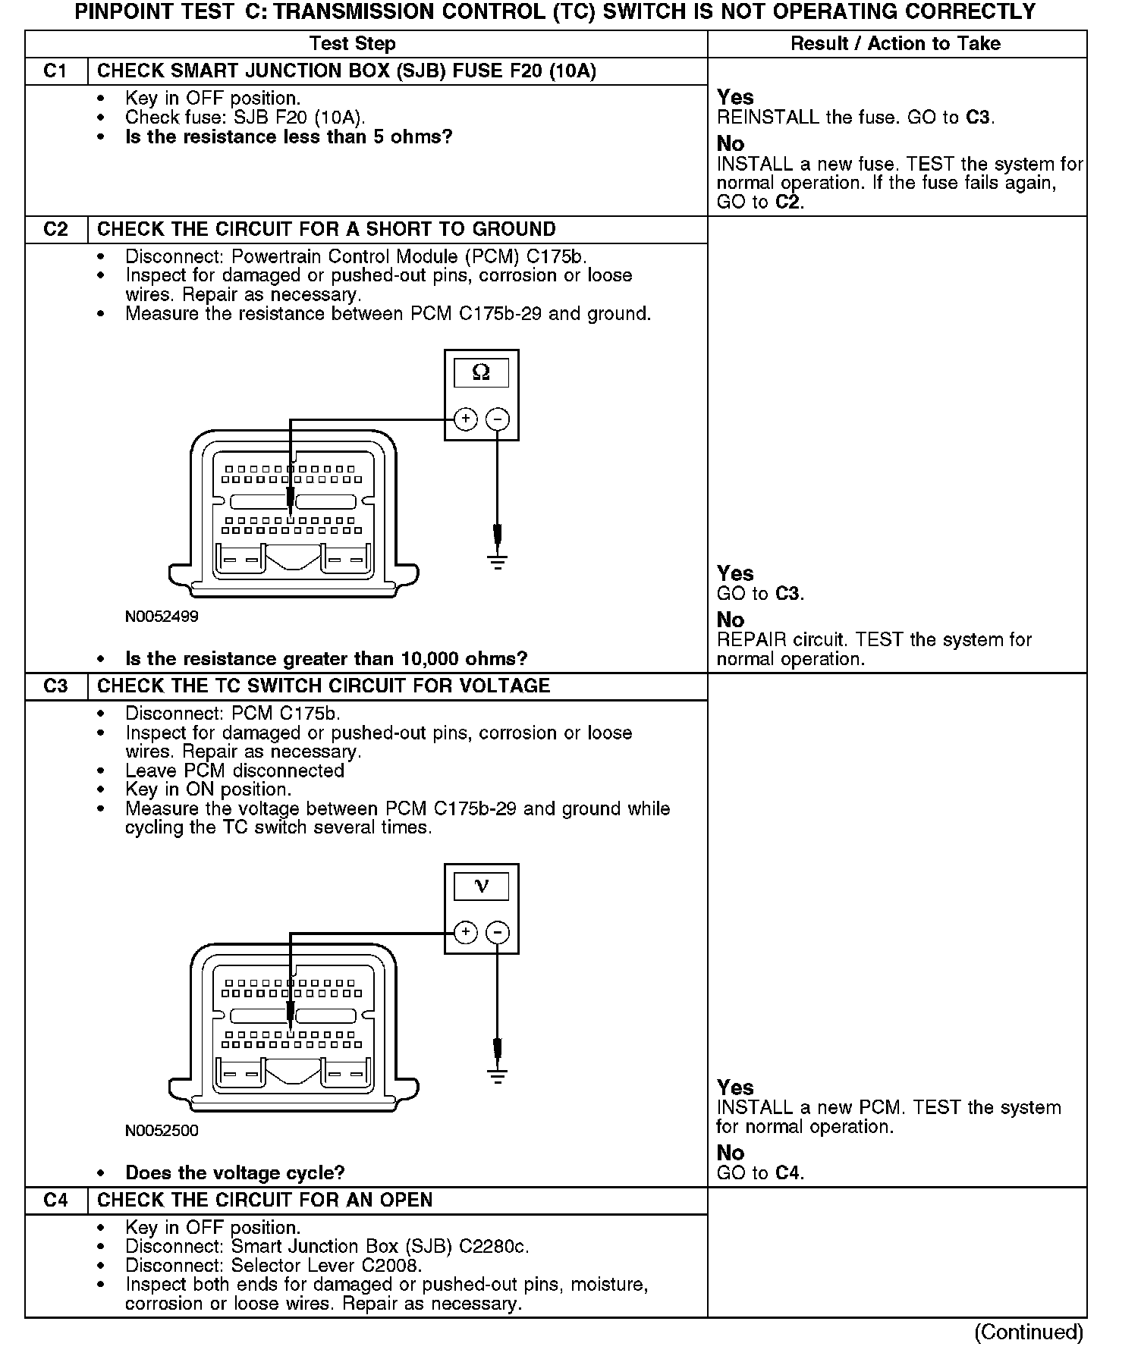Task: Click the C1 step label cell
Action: click(56, 71)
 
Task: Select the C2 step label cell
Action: click(56, 230)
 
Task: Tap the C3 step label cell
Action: click(56, 686)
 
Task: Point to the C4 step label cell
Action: click(56, 1201)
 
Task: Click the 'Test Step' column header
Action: click(353, 44)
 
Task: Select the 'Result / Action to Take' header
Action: click(895, 44)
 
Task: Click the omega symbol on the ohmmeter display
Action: click(481, 372)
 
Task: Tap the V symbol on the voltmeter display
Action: click(481, 886)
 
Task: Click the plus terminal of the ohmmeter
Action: click(465, 419)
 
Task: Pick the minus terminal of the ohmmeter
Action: click(498, 419)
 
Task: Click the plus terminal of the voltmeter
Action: click(465, 933)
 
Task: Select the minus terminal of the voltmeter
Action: click(498, 933)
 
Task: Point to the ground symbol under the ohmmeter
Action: click(498, 562)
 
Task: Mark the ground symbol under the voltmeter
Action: click(498, 1076)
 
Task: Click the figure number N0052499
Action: click(162, 617)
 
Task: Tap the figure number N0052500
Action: click(162, 1131)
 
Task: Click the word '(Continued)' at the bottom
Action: click(1029, 1332)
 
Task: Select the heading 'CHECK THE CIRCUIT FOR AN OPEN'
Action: click(265, 1201)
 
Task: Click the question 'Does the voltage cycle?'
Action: click(234, 1173)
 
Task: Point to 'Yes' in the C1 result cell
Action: click(735, 98)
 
